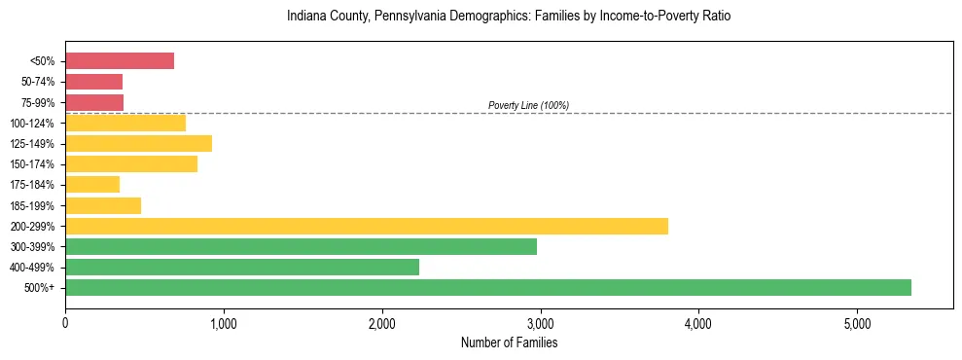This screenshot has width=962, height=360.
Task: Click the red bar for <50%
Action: (120, 61)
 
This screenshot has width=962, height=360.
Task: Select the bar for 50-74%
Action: (93, 82)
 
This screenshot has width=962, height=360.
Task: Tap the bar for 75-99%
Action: (94, 102)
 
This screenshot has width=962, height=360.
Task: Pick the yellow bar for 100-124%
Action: (125, 123)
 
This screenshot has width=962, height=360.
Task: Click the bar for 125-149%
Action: (138, 143)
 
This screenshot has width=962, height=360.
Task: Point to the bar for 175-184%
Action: (92, 184)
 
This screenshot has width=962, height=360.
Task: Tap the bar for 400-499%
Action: (242, 267)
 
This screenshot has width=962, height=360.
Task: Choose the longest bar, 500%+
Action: (488, 287)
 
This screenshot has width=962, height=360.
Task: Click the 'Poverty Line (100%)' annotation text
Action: (528, 105)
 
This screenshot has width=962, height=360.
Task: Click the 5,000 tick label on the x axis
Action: (857, 323)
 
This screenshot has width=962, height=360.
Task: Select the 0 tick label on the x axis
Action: (65, 323)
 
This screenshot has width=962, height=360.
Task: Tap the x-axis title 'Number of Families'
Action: (509, 342)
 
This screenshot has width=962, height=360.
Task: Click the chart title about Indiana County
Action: (509, 17)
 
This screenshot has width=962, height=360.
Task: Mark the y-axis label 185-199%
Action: (35, 205)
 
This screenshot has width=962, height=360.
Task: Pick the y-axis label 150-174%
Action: (35, 164)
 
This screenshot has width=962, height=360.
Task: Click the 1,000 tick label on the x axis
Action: (224, 323)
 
